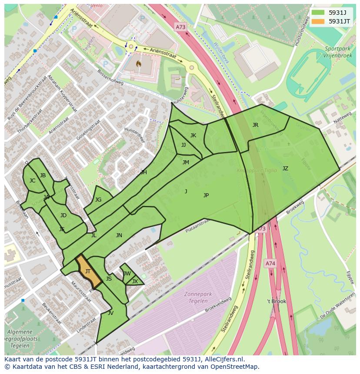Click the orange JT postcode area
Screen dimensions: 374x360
(89, 272)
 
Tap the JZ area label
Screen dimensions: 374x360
(285, 169)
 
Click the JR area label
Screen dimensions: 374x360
(255, 125)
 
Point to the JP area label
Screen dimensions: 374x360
(206, 195)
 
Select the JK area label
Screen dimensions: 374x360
(193, 136)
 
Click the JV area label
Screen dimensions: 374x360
(110, 313)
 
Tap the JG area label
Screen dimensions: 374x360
(98, 200)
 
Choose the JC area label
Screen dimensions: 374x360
(32, 181)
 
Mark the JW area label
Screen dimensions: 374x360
(127, 274)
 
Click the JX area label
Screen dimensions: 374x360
(135, 281)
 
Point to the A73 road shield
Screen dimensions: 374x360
(180, 27)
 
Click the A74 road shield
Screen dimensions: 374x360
(270, 263)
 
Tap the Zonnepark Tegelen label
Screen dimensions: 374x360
(198, 297)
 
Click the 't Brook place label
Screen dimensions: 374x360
(277, 301)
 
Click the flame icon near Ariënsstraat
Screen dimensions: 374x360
(139, 63)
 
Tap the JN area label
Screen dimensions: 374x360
(119, 235)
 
